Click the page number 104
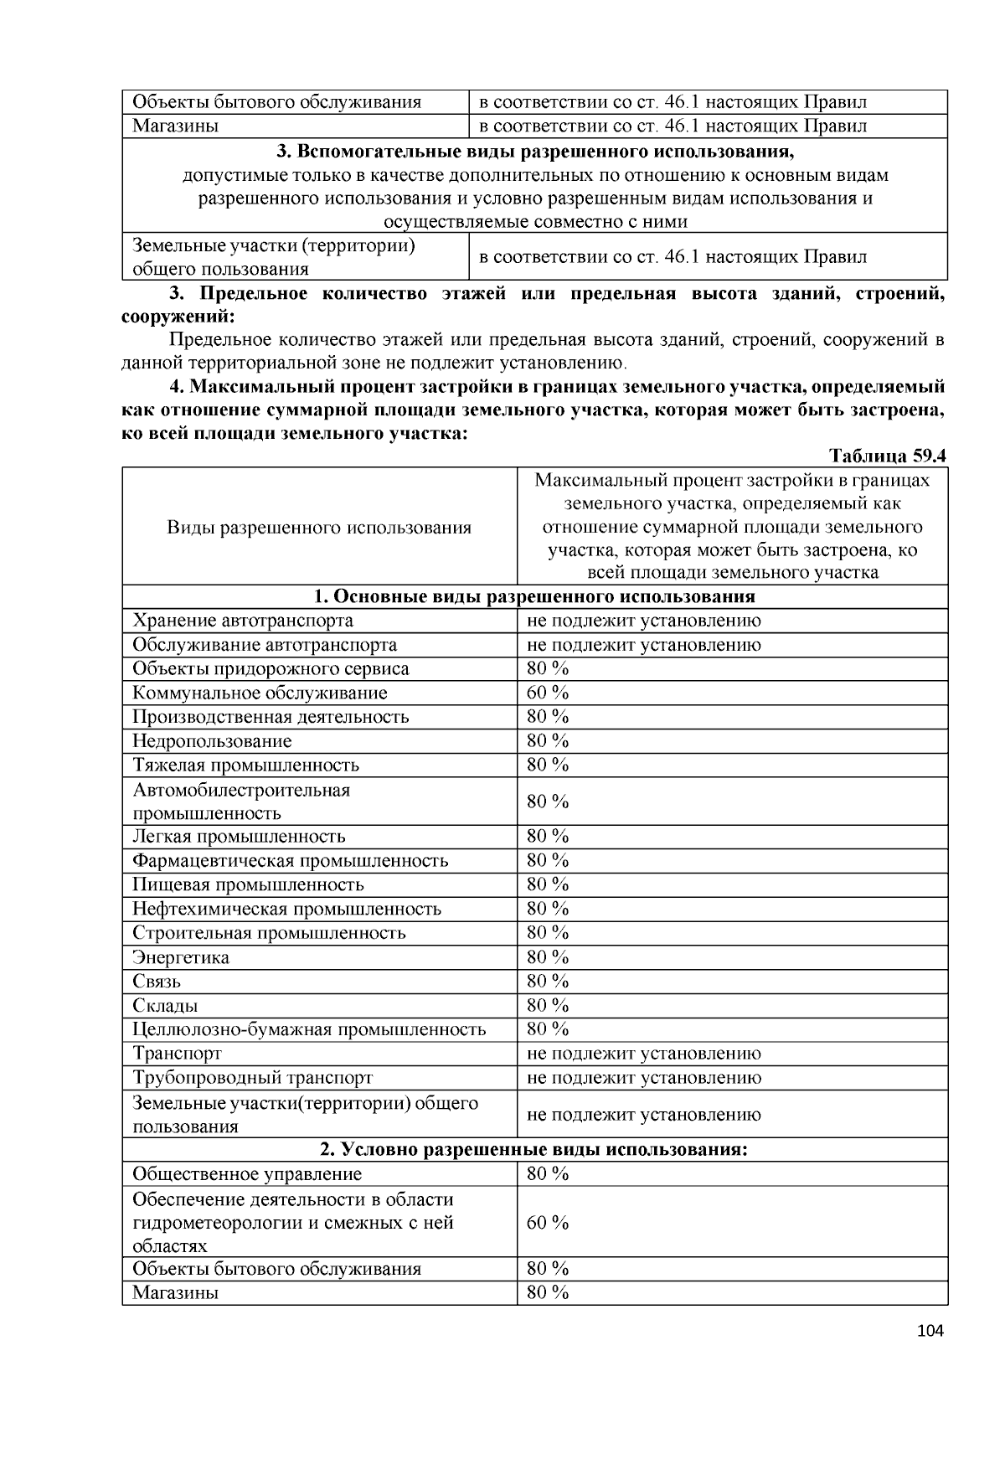pyautogui.click(x=930, y=1331)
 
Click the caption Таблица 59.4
pyautogui.click(x=887, y=456)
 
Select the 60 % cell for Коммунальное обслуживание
pyautogui.click(x=548, y=693)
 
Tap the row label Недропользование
pyautogui.click(x=212, y=741)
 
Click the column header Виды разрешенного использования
pyautogui.click(x=319, y=528)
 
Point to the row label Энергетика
pyautogui.click(x=181, y=957)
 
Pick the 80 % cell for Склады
pyautogui.click(x=548, y=1005)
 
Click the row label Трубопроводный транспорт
pyautogui.click(x=252, y=1078)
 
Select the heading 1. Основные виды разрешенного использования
pyautogui.click(x=534, y=596)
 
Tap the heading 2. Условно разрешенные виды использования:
pyautogui.click(x=534, y=1149)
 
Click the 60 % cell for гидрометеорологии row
pyautogui.click(x=548, y=1223)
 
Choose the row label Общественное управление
pyautogui.click(x=247, y=1174)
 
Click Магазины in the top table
pyautogui.click(x=176, y=126)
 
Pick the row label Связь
pyautogui.click(x=157, y=982)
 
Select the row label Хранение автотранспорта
pyautogui.click(x=243, y=621)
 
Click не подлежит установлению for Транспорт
pyautogui.click(x=643, y=1054)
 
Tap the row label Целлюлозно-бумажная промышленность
pyautogui.click(x=309, y=1029)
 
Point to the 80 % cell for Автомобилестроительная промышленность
pyautogui.click(x=548, y=802)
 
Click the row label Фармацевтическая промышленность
pyautogui.click(x=290, y=861)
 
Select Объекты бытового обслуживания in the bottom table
pyautogui.click(x=276, y=1269)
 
